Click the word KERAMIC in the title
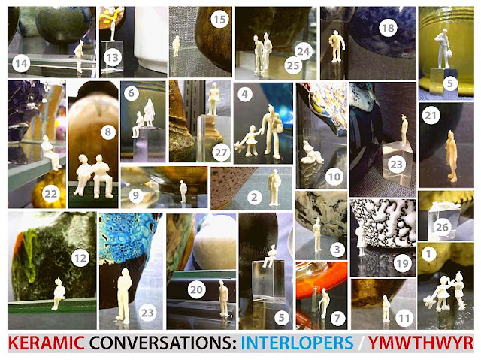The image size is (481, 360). pyautogui.click(x=46, y=343)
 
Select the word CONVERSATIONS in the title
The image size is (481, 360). pyautogui.click(x=163, y=343)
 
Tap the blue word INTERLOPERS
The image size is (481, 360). pyautogui.click(x=297, y=343)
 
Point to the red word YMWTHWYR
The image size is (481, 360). pyautogui.click(x=421, y=343)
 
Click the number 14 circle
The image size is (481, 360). pyautogui.click(x=21, y=64)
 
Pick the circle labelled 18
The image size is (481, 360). pyautogui.click(x=388, y=29)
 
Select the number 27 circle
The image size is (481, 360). pyautogui.click(x=221, y=152)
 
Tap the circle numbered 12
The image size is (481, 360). pyautogui.click(x=80, y=258)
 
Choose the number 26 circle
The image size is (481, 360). pyautogui.click(x=442, y=227)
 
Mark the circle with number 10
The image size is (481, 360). pyautogui.click(x=334, y=177)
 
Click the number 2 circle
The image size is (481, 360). pyautogui.click(x=254, y=197)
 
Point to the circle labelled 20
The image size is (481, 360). pyautogui.click(x=196, y=290)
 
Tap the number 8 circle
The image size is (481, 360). pyautogui.click(x=108, y=132)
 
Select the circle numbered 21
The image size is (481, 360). pyautogui.click(x=431, y=116)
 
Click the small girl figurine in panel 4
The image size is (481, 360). pyautogui.click(x=249, y=141)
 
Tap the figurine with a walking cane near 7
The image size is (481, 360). pyautogui.click(x=324, y=303)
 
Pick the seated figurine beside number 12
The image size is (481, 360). pyautogui.click(x=57, y=294)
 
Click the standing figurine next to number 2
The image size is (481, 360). pyautogui.click(x=274, y=187)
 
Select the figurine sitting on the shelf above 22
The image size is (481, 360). pyautogui.click(x=52, y=153)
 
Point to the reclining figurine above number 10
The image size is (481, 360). pyautogui.click(x=310, y=153)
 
